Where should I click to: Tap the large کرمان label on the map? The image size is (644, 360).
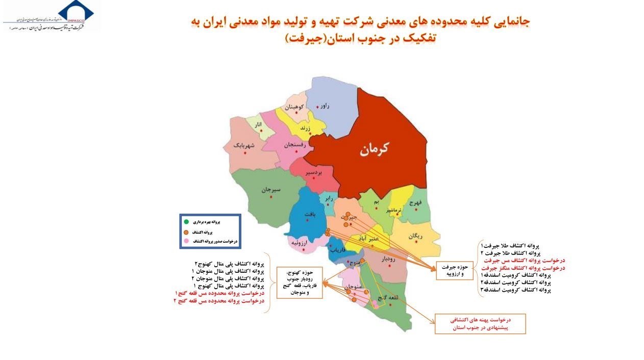[374, 148]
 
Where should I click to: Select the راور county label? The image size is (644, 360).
[325, 106]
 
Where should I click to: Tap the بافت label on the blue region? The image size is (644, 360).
[310, 215]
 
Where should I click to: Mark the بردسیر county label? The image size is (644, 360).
[314, 173]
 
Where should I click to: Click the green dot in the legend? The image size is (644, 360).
[186, 222]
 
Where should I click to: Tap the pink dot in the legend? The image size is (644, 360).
[186, 241]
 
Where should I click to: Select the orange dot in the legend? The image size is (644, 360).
[186, 232]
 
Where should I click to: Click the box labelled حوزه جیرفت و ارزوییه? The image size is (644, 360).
[455, 270]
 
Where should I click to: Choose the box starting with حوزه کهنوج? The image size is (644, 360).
[300, 282]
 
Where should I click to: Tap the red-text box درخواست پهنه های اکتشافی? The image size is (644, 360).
[480, 324]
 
